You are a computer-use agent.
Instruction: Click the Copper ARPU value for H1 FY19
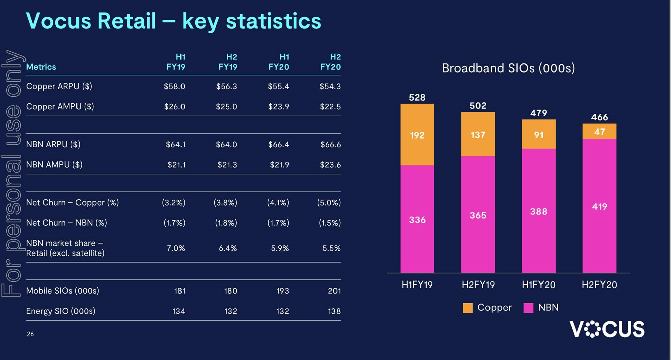click(x=174, y=86)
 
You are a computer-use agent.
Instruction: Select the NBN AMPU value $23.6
click(x=330, y=165)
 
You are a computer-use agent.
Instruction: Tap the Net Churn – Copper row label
click(x=72, y=203)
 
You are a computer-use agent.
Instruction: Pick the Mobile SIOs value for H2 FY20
click(x=334, y=291)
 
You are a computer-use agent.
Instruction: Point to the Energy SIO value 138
click(x=334, y=311)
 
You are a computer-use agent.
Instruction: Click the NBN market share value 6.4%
click(x=227, y=248)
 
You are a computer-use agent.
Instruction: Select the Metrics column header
click(x=41, y=67)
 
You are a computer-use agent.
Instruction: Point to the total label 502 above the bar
click(x=478, y=106)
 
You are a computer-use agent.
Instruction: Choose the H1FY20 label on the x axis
click(x=538, y=285)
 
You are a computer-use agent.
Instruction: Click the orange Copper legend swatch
click(x=467, y=308)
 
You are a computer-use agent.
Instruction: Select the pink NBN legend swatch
click(x=528, y=308)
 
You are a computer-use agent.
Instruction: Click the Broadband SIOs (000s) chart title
click(x=508, y=68)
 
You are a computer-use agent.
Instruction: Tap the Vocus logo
click(x=607, y=329)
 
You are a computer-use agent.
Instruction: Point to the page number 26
click(x=30, y=334)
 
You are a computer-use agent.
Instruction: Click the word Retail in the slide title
click(x=126, y=21)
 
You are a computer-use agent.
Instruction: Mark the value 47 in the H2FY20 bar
click(x=599, y=132)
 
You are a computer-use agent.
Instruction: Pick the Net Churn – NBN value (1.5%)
click(x=329, y=223)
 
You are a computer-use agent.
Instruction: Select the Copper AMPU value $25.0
click(x=226, y=107)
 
